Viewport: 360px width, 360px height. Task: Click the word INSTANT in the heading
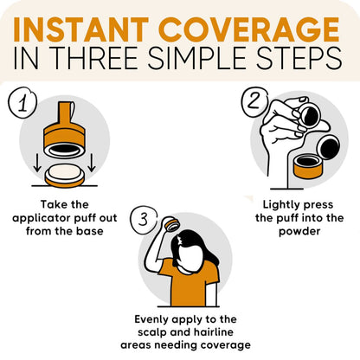click(80, 29)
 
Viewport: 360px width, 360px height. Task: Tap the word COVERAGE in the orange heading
click(249, 29)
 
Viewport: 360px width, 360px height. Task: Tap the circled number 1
click(22, 103)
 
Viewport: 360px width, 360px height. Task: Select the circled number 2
click(254, 101)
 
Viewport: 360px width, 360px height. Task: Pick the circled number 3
click(144, 220)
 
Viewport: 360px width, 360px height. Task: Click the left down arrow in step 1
click(37, 163)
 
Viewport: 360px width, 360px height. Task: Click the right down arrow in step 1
click(91, 163)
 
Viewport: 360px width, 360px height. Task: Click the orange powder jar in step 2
click(309, 167)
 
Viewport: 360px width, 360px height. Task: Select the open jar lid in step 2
click(328, 146)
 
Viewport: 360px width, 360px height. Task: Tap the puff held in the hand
click(309, 115)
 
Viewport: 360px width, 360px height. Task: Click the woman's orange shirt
click(188, 282)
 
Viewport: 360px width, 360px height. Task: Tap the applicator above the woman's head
click(170, 224)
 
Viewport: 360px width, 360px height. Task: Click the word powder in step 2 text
click(299, 231)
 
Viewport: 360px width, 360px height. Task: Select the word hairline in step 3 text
click(214, 332)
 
